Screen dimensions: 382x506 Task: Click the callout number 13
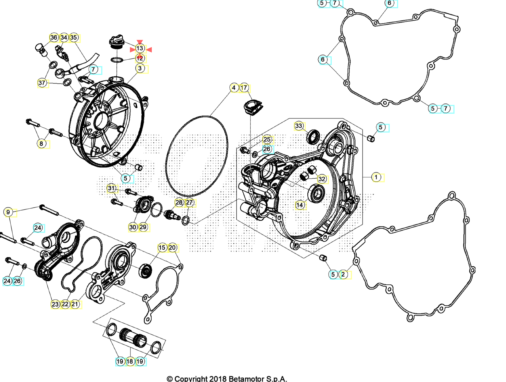[140, 48]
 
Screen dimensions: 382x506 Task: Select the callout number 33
[299, 126]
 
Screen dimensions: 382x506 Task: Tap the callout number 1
[376, 177]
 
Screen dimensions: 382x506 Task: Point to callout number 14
[300, 205]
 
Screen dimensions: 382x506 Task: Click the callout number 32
[322, 179]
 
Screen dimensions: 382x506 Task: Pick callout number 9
[8, 212]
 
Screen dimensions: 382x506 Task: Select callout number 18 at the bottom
[130, 361]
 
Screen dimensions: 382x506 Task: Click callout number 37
[42, 83]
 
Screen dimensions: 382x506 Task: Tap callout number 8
[41, 144]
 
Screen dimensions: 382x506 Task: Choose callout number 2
[343, 274]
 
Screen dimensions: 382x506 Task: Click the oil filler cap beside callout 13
[117, 42]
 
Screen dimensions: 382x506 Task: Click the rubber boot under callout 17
[253, 107]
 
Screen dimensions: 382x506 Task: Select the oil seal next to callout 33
[313, 137]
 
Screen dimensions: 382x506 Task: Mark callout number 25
[267, 139]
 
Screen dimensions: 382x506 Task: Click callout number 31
[111, 188]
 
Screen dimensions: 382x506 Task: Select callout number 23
[55, 304]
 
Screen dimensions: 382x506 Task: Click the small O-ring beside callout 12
[117, 60]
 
